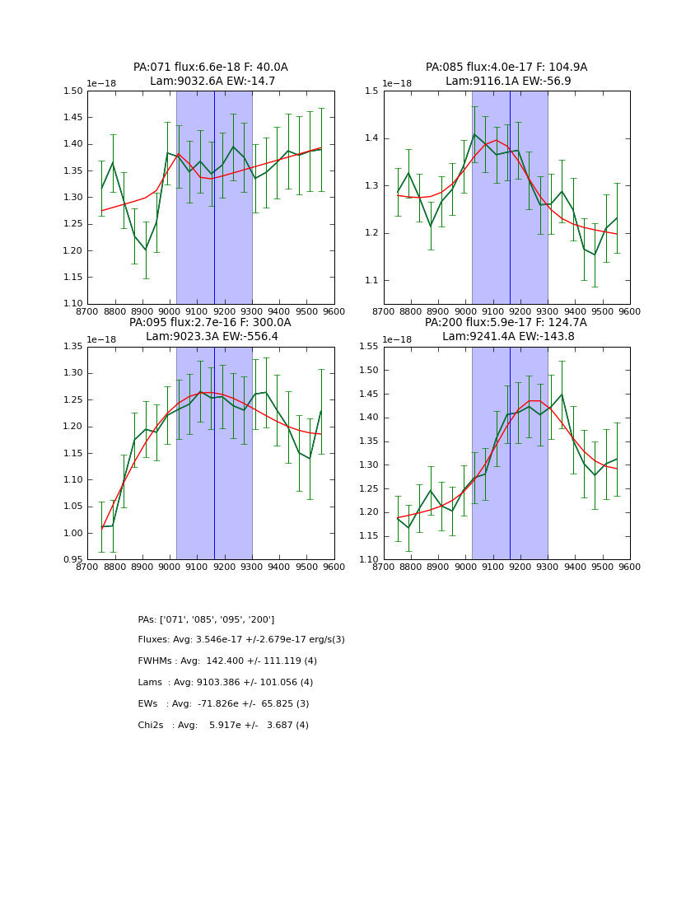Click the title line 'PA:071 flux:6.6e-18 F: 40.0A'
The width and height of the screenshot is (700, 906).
[211, 68]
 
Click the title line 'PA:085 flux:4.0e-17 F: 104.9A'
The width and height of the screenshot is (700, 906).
[506, 68]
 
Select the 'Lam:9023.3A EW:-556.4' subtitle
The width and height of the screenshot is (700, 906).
[211, 337]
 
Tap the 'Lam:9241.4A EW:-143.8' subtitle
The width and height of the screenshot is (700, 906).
[506, 337]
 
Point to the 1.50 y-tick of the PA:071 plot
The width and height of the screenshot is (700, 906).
[73, 91]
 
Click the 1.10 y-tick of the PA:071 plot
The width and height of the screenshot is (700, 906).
[73, 304]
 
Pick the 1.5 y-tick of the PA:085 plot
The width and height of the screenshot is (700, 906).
[373, 91]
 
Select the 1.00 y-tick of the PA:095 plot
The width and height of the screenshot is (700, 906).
[73, 533]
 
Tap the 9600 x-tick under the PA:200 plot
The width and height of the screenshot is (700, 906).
[629, 567]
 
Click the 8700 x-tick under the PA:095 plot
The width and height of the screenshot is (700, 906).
[88, 567]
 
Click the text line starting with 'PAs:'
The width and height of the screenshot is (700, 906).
[206, 619]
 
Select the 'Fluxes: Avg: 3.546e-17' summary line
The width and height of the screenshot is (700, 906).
[241, 640]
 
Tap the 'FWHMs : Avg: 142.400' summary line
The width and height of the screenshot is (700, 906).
[227, 661]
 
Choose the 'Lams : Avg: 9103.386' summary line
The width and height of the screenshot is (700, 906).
[226, 683]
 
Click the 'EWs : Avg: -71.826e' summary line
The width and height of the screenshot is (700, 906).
[223, 704]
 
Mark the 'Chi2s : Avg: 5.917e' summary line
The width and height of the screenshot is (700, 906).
[223, 726]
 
